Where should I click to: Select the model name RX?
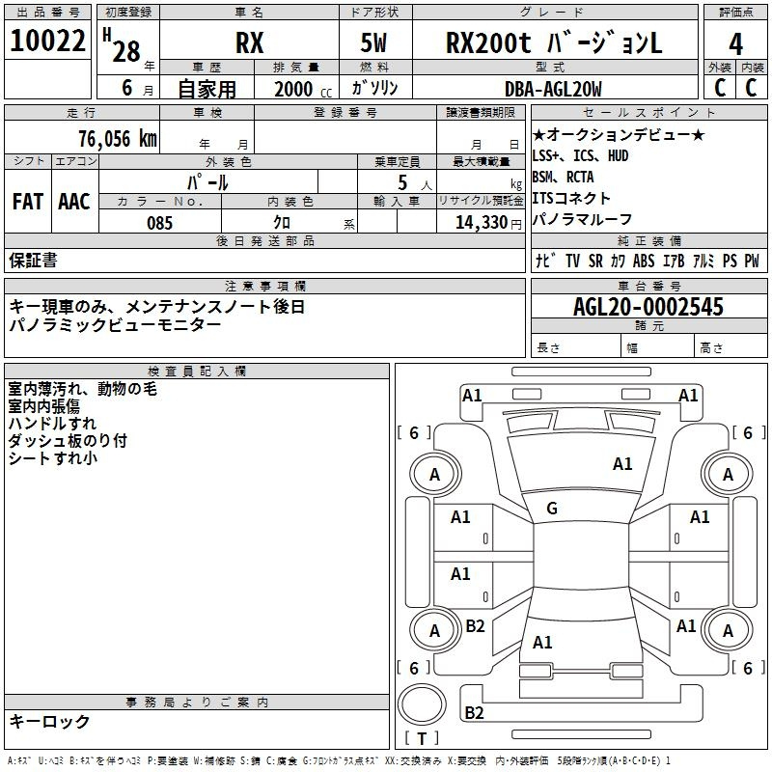point(249,43)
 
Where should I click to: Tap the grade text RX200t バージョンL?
point(554,43)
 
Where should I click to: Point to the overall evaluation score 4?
point(735,44)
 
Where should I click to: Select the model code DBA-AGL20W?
point(553,89)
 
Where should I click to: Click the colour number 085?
point(160,222)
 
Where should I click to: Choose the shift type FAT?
point(27,201)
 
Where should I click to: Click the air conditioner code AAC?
point(73,201)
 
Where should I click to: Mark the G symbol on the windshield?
point(552,509)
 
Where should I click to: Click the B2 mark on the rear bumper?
point(474,713)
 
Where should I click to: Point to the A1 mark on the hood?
point(622,464)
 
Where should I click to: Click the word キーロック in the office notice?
point(49,722)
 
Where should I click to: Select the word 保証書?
point(33,260)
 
